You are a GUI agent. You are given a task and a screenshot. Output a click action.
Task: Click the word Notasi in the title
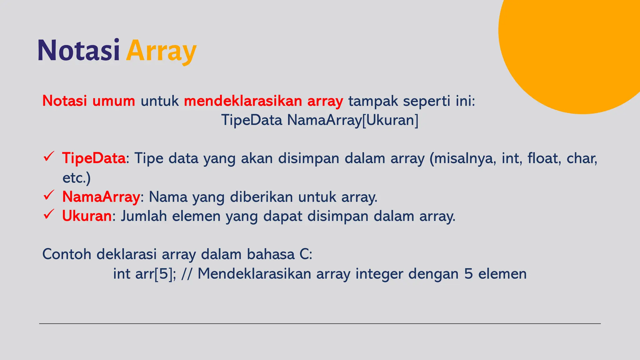pos(79,50)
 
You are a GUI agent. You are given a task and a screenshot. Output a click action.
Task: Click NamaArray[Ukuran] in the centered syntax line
pos(353,120)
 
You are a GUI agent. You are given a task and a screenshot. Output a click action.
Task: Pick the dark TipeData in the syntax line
pos(252,120)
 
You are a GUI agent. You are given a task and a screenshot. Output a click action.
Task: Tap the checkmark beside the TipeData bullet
pos(49,156)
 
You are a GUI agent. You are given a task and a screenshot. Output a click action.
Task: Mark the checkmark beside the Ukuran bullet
pos(49,214)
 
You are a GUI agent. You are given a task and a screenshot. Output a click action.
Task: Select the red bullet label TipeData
pos(94,158)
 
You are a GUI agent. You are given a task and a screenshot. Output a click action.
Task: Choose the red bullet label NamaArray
pos(101,197)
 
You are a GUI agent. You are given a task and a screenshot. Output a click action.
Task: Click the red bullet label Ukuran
pos(87,216)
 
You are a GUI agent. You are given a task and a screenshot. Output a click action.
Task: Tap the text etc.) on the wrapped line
pos(77,178)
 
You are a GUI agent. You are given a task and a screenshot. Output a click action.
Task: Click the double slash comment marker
pos(187,274)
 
